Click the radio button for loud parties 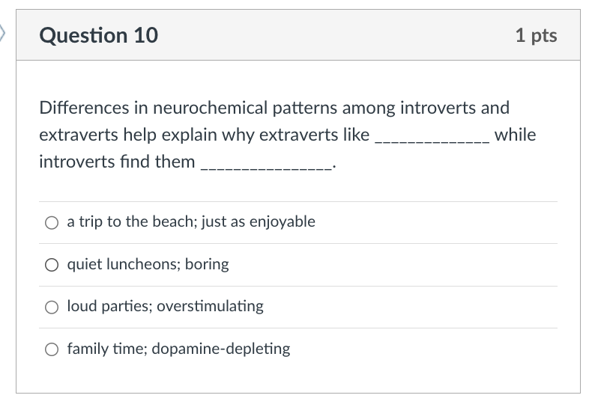[51, 307]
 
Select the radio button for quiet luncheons [51, 265]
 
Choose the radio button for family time [51, 349]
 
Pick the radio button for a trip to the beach [51, 222]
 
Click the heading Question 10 [98, 35]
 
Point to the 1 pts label [536, 35]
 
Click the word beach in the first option [171, 221]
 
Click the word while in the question [515, 135]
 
